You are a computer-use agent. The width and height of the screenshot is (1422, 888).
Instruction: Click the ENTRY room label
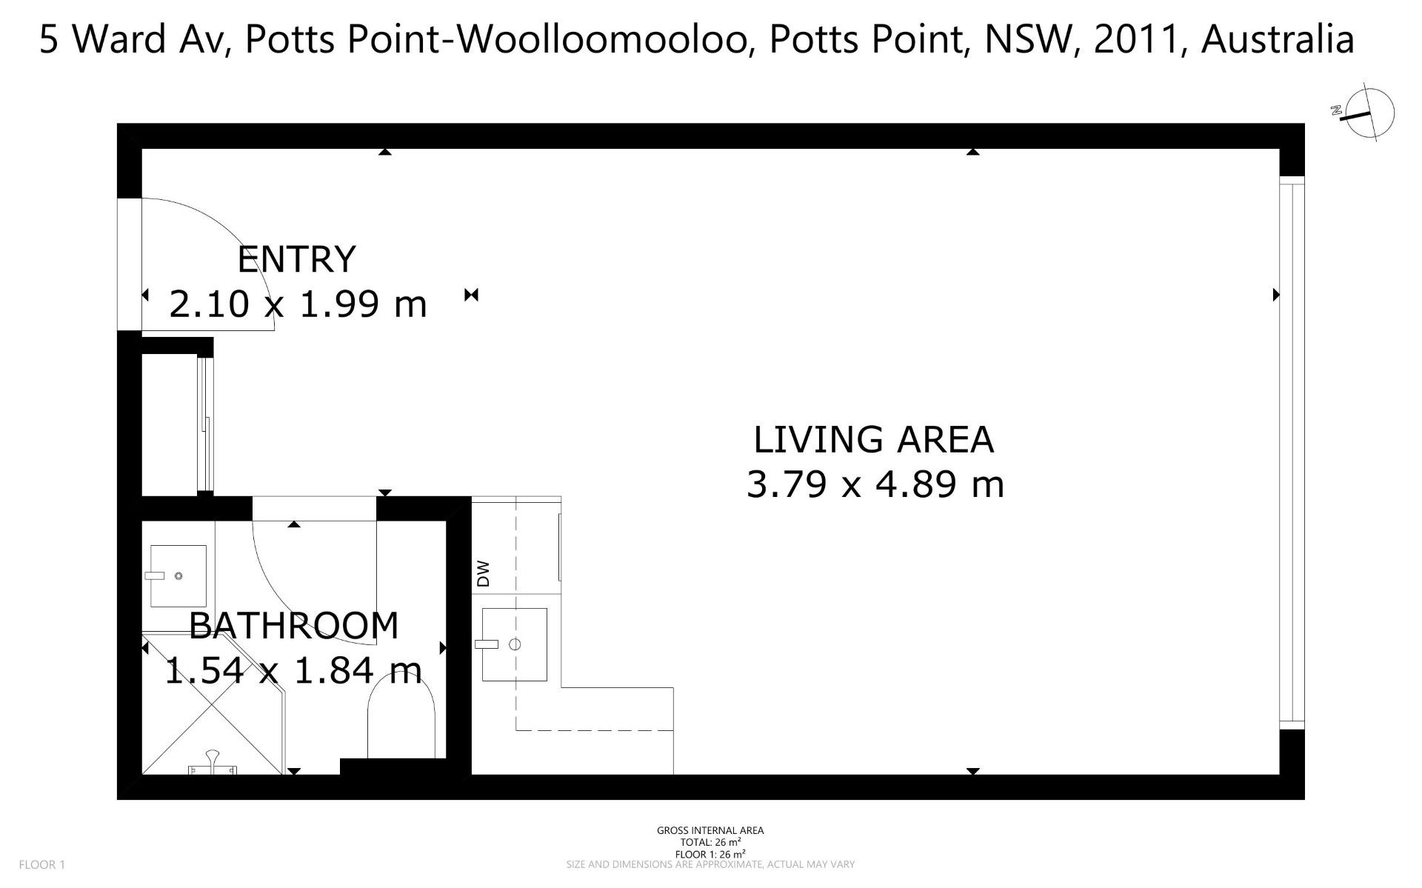tap(296, 259)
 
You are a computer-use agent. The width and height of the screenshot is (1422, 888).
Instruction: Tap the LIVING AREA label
tap(874, 439)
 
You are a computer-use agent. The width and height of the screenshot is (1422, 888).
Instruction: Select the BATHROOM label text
tap(294, 626)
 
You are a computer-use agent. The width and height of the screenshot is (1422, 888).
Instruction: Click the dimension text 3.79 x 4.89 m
tap(875, 485)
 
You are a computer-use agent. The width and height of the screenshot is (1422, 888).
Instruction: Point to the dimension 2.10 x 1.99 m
tap(298, 304)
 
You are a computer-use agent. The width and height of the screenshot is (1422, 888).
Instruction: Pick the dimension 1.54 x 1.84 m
tap(293, 671)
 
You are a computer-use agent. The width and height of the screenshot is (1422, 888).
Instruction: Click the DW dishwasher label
tap(484, 574)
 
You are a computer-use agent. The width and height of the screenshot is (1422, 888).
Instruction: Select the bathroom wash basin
tap(178, 575)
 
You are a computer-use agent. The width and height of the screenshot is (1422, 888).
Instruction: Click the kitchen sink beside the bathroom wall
tap(514, 644)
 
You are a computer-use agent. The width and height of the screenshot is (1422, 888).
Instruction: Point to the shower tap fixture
tap(213, 764)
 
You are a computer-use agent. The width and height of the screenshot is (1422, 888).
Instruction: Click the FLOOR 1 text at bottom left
tap(42, 864)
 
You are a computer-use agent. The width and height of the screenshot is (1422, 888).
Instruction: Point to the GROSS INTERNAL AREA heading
tap(710, 830)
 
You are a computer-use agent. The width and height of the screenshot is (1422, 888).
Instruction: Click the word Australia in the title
tap(1278, 40)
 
